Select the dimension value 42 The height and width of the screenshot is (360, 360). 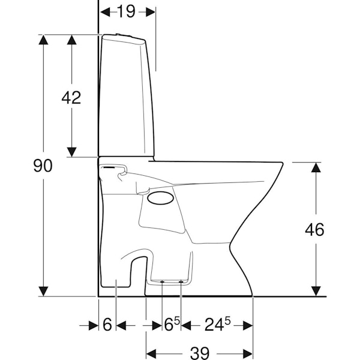[x=71, y=97]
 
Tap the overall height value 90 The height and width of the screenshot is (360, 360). [x=43, y=166]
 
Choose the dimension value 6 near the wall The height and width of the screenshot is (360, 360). [x=107, y=325]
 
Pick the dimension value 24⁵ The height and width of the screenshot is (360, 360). [x=217, y=325]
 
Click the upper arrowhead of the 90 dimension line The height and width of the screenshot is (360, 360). [x=43, y=40]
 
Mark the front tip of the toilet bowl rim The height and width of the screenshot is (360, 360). [x=282, y=163]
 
